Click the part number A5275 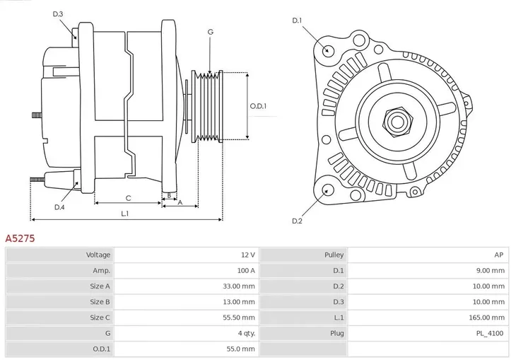click(20, 239)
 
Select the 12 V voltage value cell click(248, 255)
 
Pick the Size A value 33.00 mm click(240, 286)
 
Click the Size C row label click(100, 318)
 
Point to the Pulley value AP click(498, 255)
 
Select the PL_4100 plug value click(490, 333)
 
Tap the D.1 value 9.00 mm click(490, 270)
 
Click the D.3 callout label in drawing click(58, 14)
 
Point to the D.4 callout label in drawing click(59, 207)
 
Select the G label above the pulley click(210, 32)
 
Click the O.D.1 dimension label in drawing click(259, 106)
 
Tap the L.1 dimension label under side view click(124, 214)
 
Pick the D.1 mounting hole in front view click(327, 50)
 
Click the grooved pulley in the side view click(209, 106)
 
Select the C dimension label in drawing click(128, 198)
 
